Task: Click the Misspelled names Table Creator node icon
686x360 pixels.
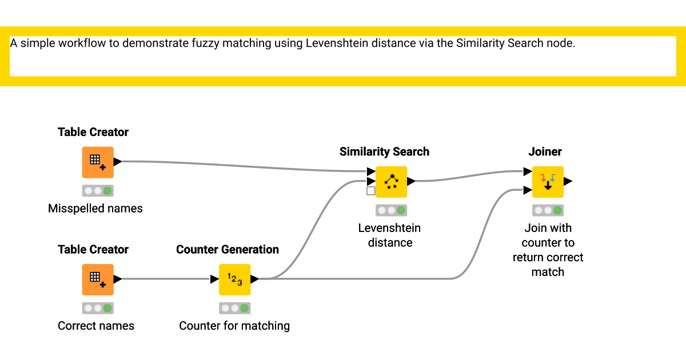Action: point(98,162)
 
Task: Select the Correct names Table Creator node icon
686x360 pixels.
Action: point(98,279)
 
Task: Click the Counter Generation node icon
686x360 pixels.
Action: point(235,279)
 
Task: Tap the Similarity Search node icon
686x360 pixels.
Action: point(391,182)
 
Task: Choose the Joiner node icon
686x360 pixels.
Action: point(548,182)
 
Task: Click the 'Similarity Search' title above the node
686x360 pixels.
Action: point(384,151)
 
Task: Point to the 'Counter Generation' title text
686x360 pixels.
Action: point(228,249)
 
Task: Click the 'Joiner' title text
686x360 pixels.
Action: point(545,151)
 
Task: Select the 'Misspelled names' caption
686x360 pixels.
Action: point(95,209)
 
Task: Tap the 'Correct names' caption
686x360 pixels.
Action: point(96,326)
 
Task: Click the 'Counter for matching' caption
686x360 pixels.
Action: point(234,326)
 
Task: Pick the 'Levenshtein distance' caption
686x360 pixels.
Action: point(389,235)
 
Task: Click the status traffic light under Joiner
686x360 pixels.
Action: point(548,210)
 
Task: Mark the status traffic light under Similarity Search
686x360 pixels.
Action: point(391,210)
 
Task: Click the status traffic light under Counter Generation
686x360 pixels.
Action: point(235,308)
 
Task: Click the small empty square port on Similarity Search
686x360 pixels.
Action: point(371,191)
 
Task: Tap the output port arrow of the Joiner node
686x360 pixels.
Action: point(568,182)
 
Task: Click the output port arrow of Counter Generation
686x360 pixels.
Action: point(255,279)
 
